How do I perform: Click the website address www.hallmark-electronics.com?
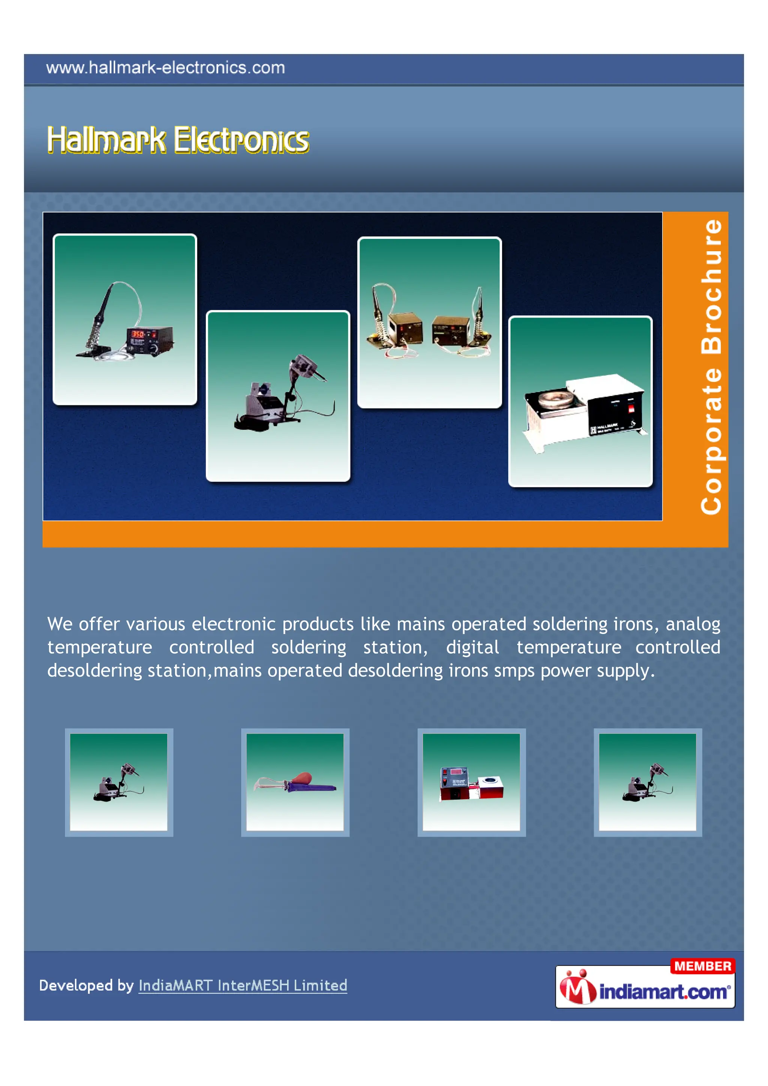tap(165, 67)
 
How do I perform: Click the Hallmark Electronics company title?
tap(178, 140)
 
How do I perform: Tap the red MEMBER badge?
tap(702, 966)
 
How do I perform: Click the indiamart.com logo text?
tap(665, 991)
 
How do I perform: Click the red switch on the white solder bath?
tap(631, 409)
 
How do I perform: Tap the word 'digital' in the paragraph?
tap(472, 648)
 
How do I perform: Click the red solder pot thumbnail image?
tap(471, 782)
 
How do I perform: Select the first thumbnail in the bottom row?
tap(119, 782)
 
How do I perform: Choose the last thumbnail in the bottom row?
tap(648, 782)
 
